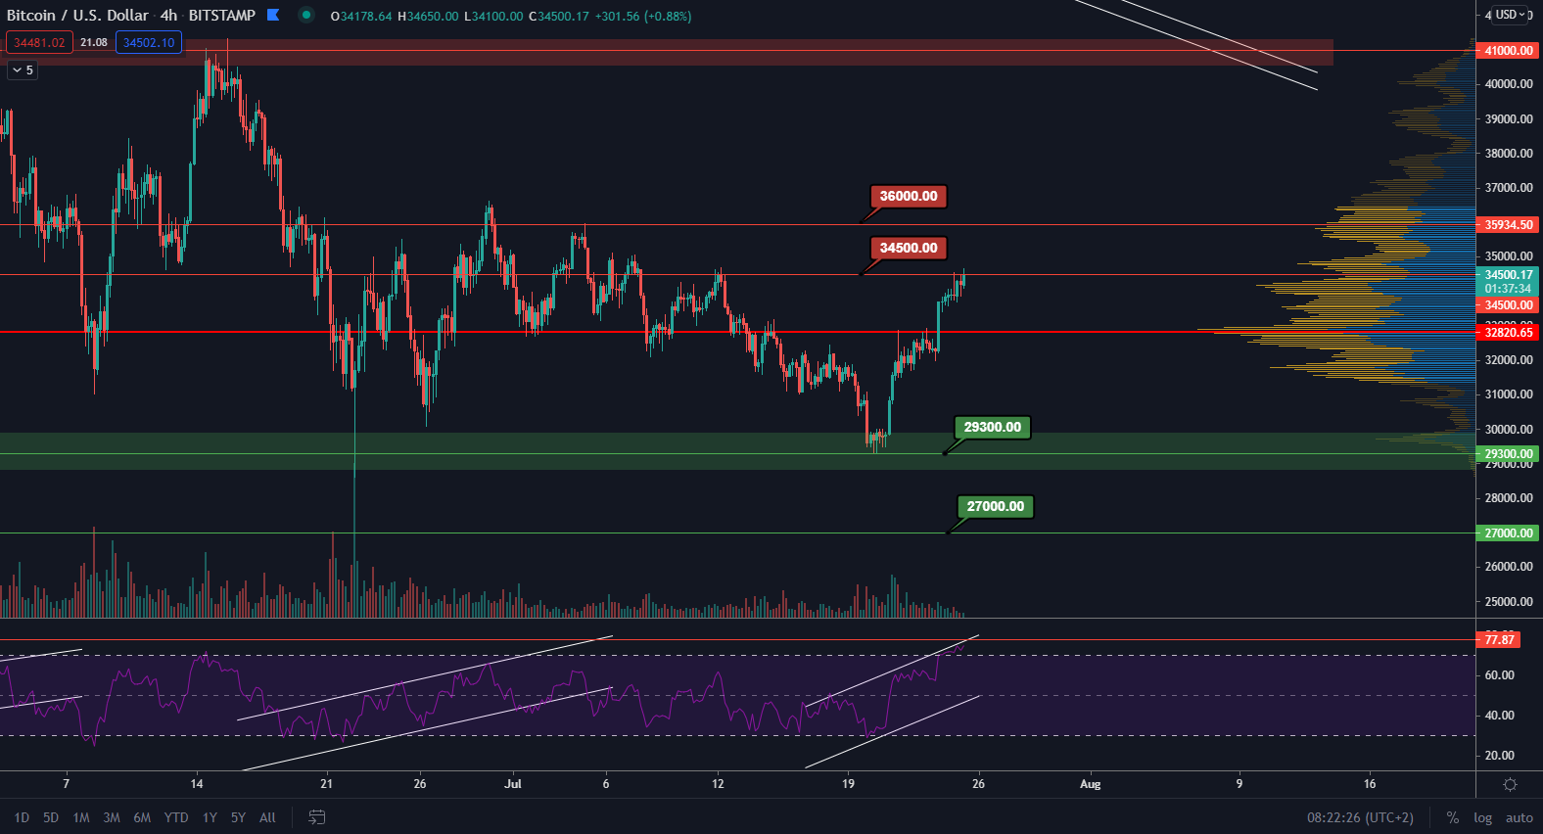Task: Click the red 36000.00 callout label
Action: pos(908,196)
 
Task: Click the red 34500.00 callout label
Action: pos(908,248)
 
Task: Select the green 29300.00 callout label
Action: pos(992,427)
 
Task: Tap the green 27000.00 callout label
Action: pos(995,506)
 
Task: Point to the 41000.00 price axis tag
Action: pos(1508,51)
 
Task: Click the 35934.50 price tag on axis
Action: pos(1508,225)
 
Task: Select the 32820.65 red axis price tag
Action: pos(1508,333)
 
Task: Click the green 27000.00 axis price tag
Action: pos(1508,533)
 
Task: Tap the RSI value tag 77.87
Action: pos(1499,640)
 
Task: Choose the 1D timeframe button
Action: pos(22,817)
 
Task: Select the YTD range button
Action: pos(176,817)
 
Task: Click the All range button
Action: pos(267,817)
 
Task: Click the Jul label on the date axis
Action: pos(513,784)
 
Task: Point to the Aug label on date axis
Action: pos(1090,784)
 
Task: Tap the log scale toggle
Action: pos(1482,818)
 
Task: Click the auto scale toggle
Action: pos(1519,818)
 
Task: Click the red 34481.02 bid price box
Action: pos(39,43)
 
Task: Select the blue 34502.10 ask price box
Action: pos(149,43)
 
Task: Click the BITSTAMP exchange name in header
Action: pos(221,16)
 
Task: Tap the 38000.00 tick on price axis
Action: pos(1508,154)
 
